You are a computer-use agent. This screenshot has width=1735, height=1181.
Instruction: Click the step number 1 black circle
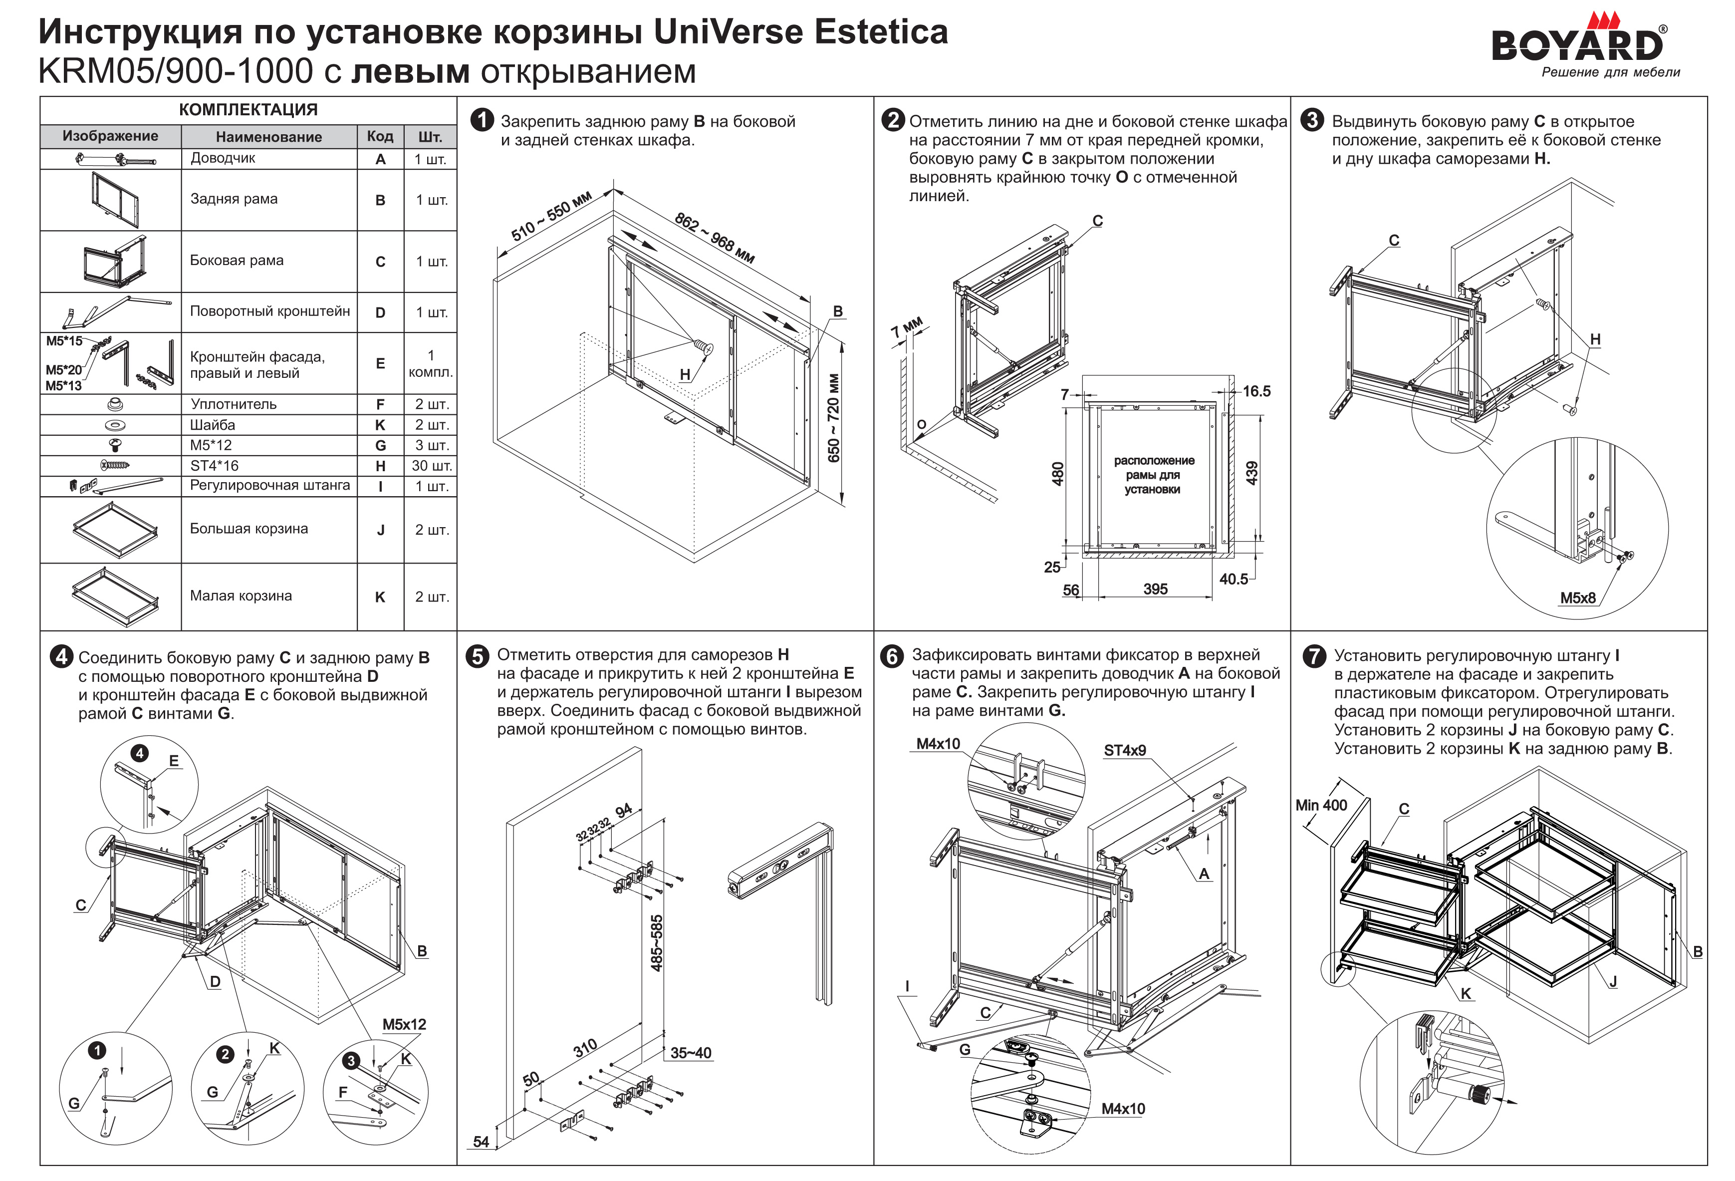[482, 121]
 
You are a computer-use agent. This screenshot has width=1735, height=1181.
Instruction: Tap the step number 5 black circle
[477, 656]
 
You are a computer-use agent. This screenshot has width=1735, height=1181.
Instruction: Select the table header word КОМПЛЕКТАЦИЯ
[248, 110]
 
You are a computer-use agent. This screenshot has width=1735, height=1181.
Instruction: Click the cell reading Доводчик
[223, 158]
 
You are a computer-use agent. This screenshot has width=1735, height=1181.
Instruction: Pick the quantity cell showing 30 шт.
[431, 465]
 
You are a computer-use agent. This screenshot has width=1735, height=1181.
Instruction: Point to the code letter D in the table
[380, 312]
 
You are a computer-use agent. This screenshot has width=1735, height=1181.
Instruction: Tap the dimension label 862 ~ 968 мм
[715, 238]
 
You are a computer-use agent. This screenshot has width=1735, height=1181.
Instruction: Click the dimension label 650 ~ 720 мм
[834, 418]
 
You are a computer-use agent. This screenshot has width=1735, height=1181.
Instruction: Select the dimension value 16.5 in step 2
[1256, 391]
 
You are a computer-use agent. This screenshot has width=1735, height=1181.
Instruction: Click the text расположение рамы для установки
[1154, 474]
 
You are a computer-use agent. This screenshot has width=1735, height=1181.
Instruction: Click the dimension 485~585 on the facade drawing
[657, 943]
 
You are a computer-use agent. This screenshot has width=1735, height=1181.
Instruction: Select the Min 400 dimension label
[1321, 805]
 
